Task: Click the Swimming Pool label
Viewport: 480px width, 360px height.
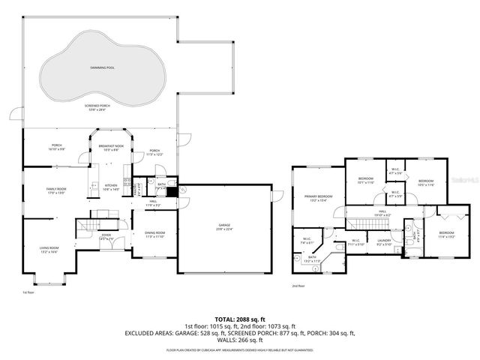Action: click(97, 68)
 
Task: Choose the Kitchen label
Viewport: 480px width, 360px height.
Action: click(111, 187)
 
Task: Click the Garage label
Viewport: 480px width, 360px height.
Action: click(224, 227)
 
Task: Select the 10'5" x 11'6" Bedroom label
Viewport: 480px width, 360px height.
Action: click(425, 182)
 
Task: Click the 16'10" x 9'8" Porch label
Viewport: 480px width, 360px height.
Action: click(56, 147)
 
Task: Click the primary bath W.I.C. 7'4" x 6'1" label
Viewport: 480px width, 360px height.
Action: click(307, 242)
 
